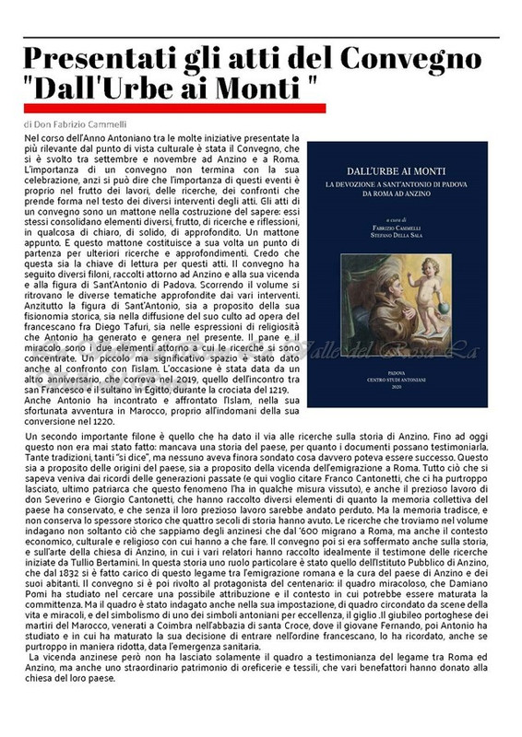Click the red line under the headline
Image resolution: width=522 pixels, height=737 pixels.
[x=176, y=109]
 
